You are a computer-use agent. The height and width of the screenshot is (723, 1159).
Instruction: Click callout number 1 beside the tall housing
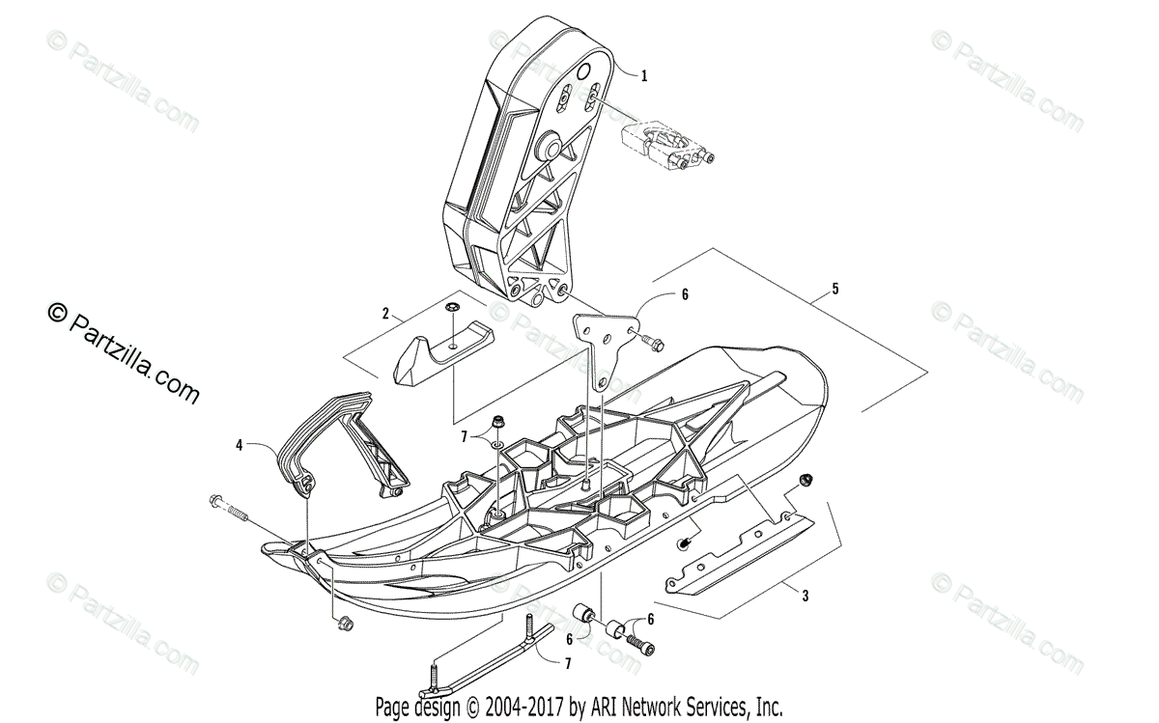(644, 74)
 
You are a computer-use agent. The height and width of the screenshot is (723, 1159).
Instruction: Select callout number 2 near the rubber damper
(385, 314)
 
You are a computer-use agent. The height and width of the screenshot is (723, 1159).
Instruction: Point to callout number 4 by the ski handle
(239, 445)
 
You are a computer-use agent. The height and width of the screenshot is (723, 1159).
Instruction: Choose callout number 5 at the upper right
(835, 289)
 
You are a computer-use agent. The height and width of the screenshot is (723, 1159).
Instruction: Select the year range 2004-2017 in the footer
(523, 707)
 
